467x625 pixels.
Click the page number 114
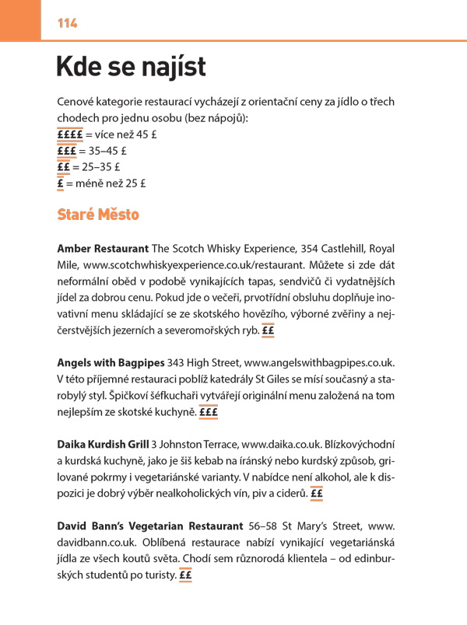pyautogui.click(x=67, y=23)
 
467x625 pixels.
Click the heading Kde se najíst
pyautogui.click(x=131, y=68)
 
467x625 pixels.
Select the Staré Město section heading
pyautogui.click(x=98, y=214)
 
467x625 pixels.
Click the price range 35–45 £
pyautogui.click(x=104, y=150)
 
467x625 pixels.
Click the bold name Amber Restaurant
pyautogui.click(x=103, y=249)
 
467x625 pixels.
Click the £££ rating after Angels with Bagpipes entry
pyautogui.click(x=208, y=412)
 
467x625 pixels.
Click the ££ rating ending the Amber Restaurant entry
pyautogui.click(x=269, y=330)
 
